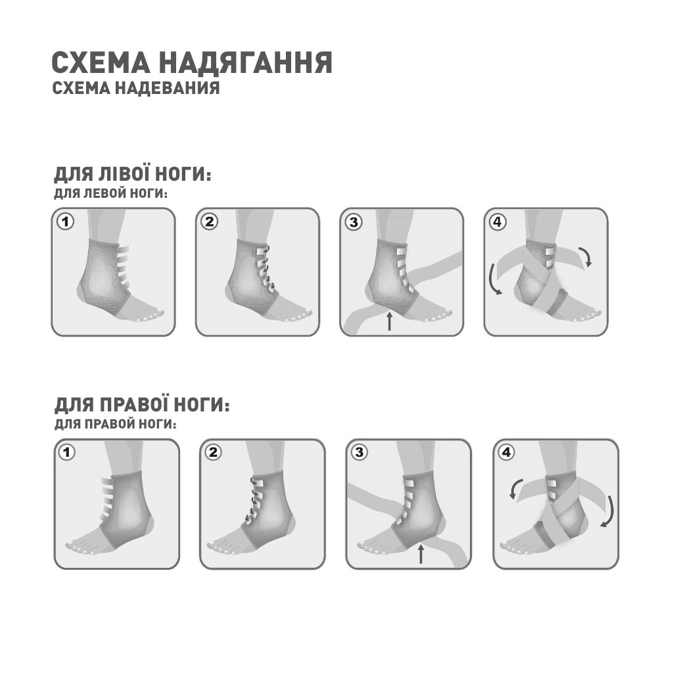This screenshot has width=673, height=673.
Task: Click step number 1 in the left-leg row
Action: click(65, 221)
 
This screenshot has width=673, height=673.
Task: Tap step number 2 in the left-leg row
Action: click(210, 221)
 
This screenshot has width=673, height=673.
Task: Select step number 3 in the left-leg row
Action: click(354, 221)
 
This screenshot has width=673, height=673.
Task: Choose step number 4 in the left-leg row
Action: click(498, 221)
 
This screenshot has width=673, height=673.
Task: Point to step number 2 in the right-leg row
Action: click(213, 452)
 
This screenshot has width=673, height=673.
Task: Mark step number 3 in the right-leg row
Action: click(359, 452)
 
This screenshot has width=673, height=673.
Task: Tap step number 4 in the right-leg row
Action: click(506, 452)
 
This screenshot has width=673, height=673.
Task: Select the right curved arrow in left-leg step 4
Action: click(585, 256)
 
